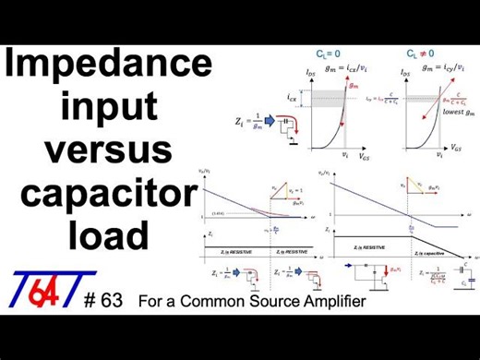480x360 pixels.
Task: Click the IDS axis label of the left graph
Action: tap(309, 70)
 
